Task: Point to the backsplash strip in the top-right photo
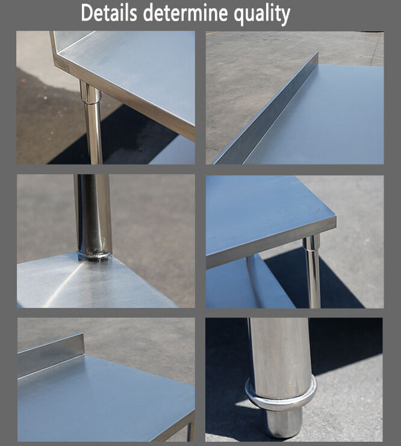(x=271, y=108)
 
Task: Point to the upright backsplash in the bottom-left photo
(x=51, y=353)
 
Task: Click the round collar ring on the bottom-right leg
(x=281, y=395)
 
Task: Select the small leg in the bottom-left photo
(x=190, y=431)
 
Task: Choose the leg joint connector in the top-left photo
(x=90, y=93)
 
